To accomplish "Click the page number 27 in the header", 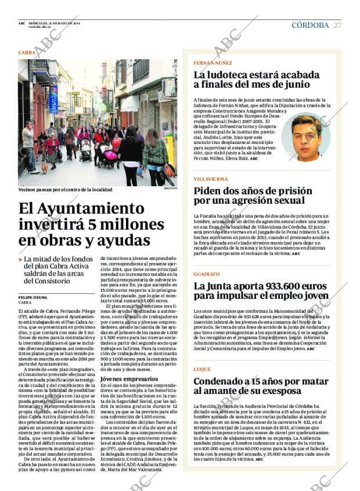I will (337, 25).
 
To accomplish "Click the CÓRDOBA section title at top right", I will (310, 25).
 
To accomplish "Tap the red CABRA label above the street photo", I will (27, 52).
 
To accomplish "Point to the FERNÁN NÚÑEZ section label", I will (213, 63).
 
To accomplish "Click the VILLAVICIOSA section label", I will (211, 179).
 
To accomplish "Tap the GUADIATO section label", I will (207, 273).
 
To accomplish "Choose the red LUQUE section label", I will (202, 369).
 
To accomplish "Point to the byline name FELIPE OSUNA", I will (33, 297).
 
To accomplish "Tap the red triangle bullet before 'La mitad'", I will (21, 259).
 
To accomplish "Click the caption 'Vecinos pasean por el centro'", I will (64, 190).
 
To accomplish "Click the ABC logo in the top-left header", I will (21, 23).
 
